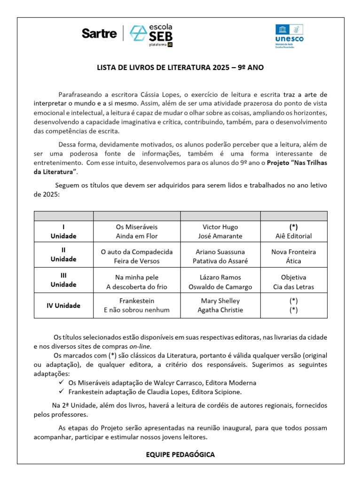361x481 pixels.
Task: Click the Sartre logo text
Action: click(x=99, y=33)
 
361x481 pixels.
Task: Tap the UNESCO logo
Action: click(x=289, y=36)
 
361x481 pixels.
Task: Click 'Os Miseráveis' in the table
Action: click(x=137, y=226)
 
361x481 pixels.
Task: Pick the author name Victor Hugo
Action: click(x=221, y=226)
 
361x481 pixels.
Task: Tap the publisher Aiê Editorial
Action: click(x=294, y=236)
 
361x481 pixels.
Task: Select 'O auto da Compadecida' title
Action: click(x=137, y=252)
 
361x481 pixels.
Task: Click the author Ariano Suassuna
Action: click(x=220, y=252)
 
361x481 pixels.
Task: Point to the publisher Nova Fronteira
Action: click(x=294, y=252)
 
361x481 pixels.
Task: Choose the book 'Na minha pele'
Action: click(x=137, y=277)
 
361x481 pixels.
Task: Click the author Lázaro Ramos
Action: click(x=220, y=277)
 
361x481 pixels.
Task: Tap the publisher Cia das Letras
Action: click(x=294, y=287)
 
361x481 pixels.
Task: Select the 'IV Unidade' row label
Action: click(x=63, y=305)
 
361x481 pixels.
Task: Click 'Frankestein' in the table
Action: click(x=137, y=301)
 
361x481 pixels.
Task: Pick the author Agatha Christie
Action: click(x=220, y=310)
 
